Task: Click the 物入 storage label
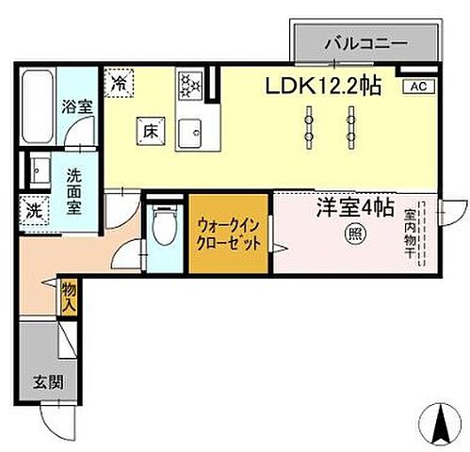69,297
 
